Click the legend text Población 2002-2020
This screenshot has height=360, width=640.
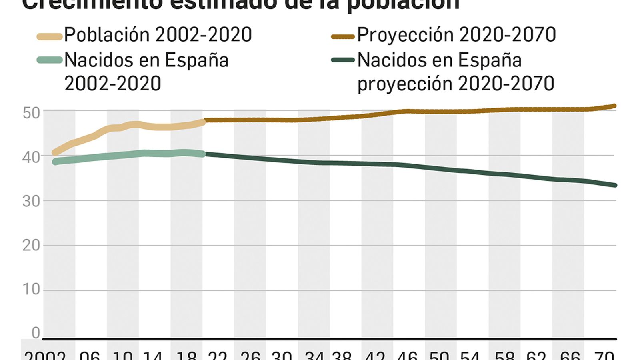(158, 35)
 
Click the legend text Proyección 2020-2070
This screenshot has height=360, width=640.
(456, 35)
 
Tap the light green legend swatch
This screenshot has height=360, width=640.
(50, 60)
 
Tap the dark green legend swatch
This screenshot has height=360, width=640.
(343, 60)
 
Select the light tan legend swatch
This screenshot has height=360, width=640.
(50, 37)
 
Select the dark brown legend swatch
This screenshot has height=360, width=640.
(343, 37)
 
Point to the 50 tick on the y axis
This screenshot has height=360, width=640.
(31, 113)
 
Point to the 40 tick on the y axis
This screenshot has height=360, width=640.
(31, 157)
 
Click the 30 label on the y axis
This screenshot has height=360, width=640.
(31, 201)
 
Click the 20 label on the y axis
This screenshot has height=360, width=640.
(31, 245)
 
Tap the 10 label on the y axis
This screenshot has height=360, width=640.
(31, 289)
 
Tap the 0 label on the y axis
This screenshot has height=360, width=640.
(36, 333)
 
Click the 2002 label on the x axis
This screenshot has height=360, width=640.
(45, 355)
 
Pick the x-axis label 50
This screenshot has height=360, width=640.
(439, 355)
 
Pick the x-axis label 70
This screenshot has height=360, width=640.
(604, 355)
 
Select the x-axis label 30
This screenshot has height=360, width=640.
(281, 355)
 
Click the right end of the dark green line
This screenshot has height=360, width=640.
(615, 185)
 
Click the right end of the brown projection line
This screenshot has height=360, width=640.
(615, 106)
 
